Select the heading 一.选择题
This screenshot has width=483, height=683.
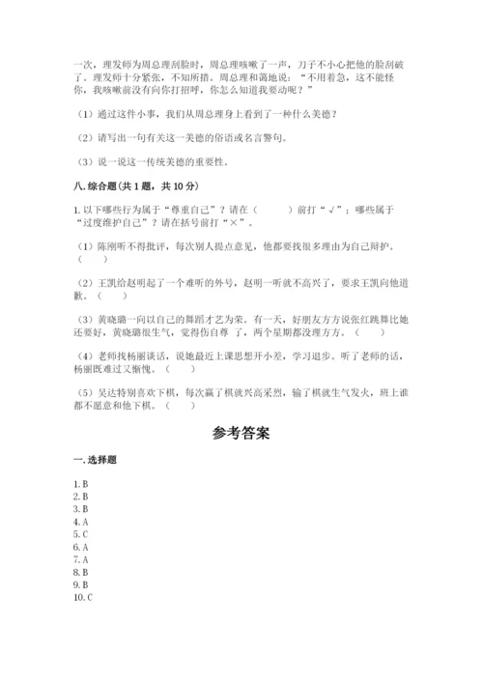coord(94,459)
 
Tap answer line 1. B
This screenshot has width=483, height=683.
coord(81,482)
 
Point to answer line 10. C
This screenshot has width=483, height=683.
coord(83,597)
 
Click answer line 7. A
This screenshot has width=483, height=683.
coord(81,558)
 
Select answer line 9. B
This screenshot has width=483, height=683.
coord(81,584)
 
